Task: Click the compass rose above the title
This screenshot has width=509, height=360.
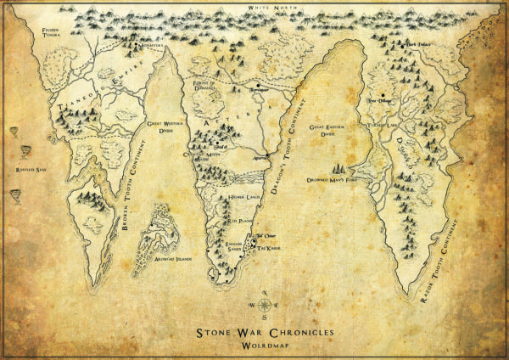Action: tap(266, 304)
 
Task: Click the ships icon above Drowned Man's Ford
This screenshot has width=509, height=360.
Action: tap(346, 168)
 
